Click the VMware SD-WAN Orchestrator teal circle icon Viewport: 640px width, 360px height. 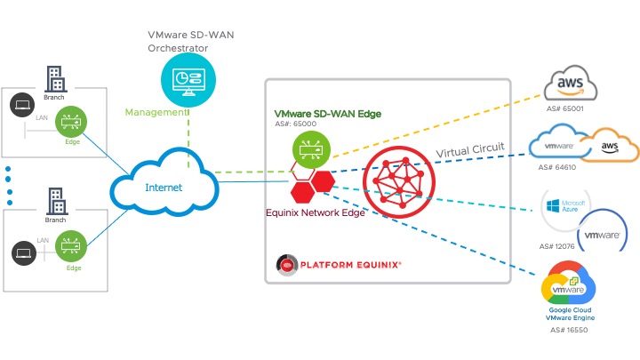click(x=188, y=79)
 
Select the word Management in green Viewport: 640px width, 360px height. click(x=156, y=113)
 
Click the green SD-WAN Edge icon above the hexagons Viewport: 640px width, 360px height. click(x=309, y=148)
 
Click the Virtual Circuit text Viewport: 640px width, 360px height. click(x=470, y=152)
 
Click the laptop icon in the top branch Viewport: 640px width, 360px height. click(x=22, y=106)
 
